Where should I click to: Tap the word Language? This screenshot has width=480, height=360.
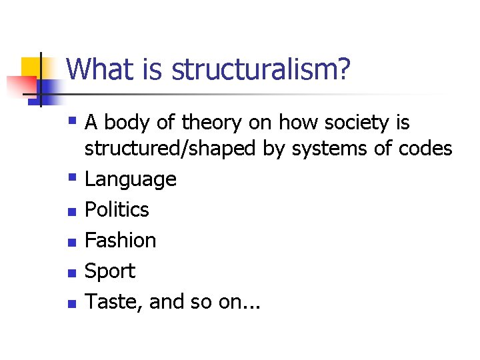(130, 179)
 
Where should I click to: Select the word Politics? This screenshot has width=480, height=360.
(117, 210)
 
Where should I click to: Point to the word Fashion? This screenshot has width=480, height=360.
(120, 241)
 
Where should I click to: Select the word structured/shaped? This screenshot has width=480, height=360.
(170, 149)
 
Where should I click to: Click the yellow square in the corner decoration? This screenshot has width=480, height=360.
(31, 67)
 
